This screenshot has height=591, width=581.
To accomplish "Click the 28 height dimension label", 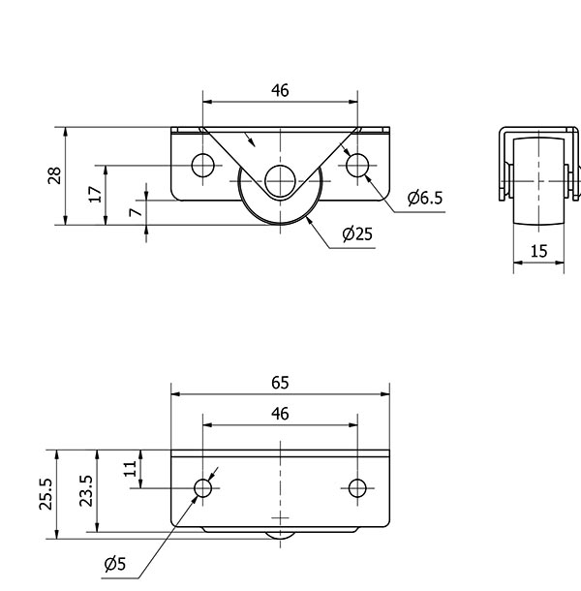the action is pyautogui.click(x=54, y=175).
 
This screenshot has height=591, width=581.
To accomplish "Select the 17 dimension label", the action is pyautogui.click(x=95, y=194).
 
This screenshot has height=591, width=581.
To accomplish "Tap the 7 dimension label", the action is pyautogui.click(x=136, y=212).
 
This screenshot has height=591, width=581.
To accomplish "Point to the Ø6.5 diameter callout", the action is pyautogui.click(x=425, y=198).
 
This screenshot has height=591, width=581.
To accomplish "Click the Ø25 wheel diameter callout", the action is pyautogui.click(x=357, y=234).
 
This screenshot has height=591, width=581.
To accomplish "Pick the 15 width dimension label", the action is pyautogui.click(x=538, y=251).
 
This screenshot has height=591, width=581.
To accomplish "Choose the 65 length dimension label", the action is pyautogui.click(x=280, y=383).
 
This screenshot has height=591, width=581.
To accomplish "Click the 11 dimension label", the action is pyautogui.click(x=131, y=469).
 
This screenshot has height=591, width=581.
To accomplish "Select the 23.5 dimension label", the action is pyautogui.click(x=86, y=491).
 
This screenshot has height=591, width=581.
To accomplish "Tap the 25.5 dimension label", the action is pyautogui.click(x=46, y=494).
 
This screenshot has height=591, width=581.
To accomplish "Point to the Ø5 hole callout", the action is pyautogui.click(x=115, y=564).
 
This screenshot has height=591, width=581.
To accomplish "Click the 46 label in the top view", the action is pyautogui.click(x=280, y=90).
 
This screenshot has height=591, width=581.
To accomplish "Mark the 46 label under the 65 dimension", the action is pyautogui.click(x=280, y=414).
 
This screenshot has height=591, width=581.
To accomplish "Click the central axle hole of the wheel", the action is pyautogui.click(x=280, y=181).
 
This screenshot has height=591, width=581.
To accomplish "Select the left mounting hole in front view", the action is pyautogui.click(x=203, y=165).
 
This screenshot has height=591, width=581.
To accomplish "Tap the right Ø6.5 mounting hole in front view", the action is pyautogui.click(x=357, y=165).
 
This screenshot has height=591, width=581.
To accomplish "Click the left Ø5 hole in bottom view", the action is pyautogui.click(x=203, y=488).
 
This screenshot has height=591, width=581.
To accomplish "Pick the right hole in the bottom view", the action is pyautogui.click(x=357, y=488).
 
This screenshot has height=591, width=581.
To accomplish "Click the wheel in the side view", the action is pyautogui.click(x=538, y=182).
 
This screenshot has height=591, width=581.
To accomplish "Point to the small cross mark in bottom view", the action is pyautogui.click(x=280, y=518).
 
